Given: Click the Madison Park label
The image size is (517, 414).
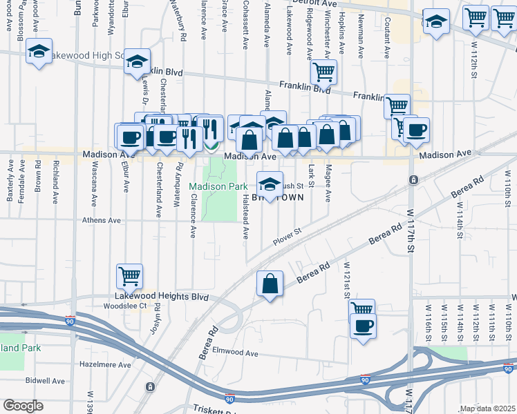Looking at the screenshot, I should coord(218,186).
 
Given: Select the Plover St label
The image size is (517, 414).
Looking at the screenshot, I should coord(288,236).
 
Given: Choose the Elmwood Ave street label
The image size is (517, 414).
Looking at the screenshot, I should coord(234,353).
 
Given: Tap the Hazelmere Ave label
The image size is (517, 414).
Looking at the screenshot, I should coord(105,364).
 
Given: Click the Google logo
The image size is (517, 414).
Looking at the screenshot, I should coord(23,406).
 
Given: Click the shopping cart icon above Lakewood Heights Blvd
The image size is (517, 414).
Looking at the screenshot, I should coord(130,276).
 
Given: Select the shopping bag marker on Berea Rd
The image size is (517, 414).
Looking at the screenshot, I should coord(270,283).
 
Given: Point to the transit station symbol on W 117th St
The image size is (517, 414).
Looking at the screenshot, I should coord(413,180).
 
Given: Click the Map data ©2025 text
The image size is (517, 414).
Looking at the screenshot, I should coord(487,408).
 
